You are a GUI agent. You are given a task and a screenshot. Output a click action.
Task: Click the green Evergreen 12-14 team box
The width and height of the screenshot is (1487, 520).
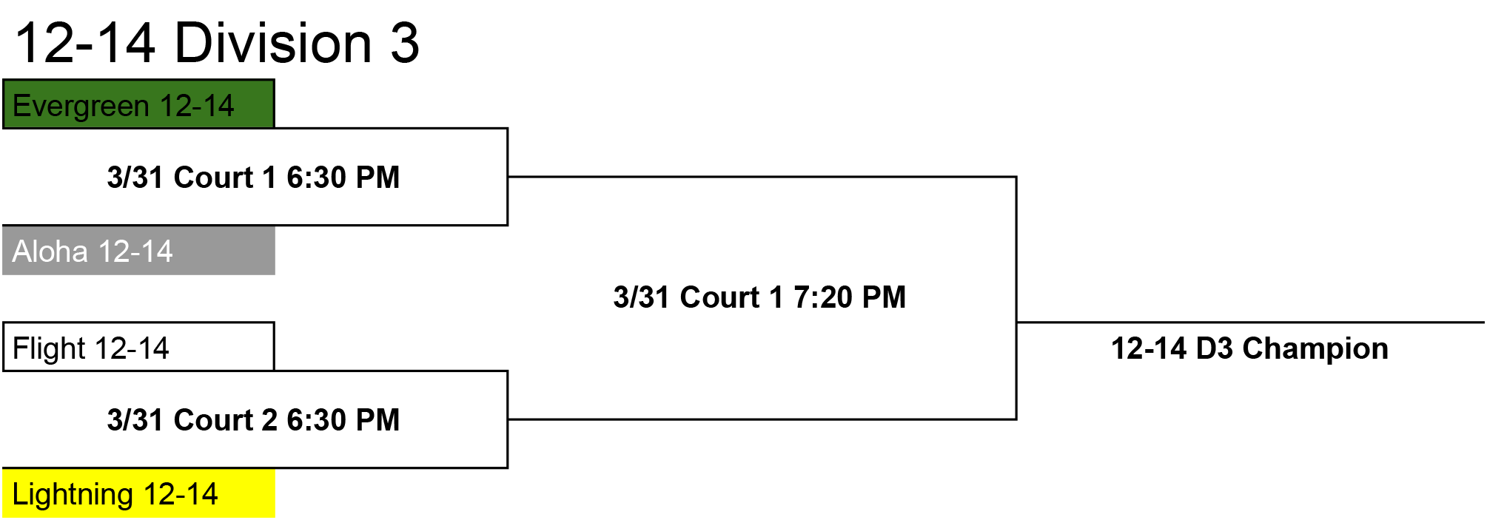pyautogui.click(x=138, y=104)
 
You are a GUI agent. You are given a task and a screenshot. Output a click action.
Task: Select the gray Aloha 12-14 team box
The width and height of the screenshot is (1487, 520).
pyautogui.click(x=138, y=251)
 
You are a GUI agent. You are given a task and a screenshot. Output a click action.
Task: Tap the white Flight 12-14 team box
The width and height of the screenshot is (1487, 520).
pyautogui.click(x=138, y=347)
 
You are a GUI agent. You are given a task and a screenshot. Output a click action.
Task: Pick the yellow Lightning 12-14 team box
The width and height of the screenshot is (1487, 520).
pyautogui.click(x=138, y=493)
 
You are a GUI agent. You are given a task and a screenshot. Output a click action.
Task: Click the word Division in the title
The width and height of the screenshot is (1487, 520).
pyautogui.click(x=273, y=43)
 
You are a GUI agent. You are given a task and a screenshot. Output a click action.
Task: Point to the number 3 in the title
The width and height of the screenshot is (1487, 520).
pyautogui.click(x=405, y=43)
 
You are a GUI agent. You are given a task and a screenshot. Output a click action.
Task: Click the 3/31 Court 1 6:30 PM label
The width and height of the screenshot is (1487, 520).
pyautogui.click(x=253, y=178)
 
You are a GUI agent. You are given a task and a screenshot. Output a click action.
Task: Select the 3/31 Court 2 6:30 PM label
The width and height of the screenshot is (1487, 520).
pyautogui.click(x=253, y=420)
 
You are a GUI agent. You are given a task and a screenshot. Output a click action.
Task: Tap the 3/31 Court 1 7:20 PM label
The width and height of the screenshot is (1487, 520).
pyautogui.click(x=759, y=297)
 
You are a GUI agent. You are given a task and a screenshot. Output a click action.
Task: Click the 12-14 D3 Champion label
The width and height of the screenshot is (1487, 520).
pyautogui.click(x=1249, y=348)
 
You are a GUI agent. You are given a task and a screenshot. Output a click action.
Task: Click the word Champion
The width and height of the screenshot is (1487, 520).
pyautogui.click(x=1315, y=348)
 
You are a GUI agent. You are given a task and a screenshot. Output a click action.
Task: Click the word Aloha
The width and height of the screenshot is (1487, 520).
pyautogui.click(x=50, y=251)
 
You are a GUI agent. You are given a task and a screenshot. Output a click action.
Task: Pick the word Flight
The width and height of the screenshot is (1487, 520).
pyautogui.click(x=50, y=348)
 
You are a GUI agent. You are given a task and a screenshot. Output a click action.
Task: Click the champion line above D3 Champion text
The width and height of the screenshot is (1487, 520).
pyautogui.click(x=1251, y=323)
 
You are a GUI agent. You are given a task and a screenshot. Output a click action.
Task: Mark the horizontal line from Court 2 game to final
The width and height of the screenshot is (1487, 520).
pyautogui.click(x=762, y=419)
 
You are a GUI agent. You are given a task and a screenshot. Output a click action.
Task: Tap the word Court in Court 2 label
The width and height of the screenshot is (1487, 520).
pyautogui.click(x=214, y=420)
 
